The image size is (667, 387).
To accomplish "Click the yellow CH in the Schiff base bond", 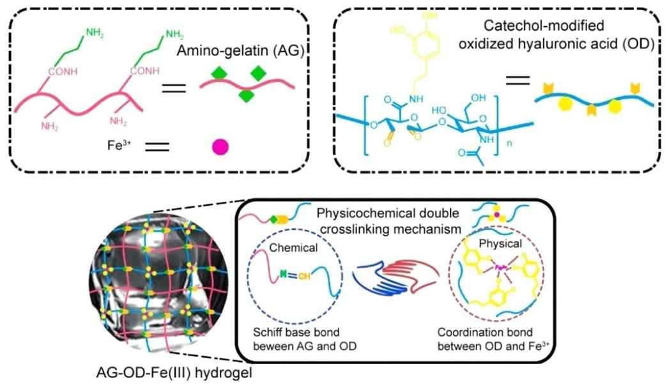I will pyautogui.click(x=304, y=278).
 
